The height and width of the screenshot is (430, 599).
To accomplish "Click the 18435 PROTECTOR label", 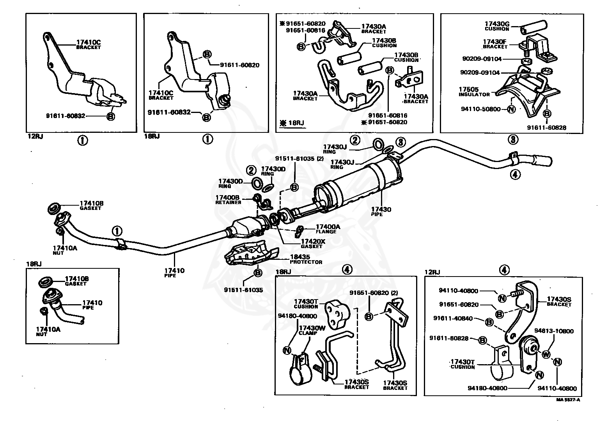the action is (x=306, y=259).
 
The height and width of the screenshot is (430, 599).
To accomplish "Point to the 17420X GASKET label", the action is (x=313, y=243).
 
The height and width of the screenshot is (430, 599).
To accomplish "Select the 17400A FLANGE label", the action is (x=328, y=229).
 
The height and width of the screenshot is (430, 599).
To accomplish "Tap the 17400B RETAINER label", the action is (x=228, y=200).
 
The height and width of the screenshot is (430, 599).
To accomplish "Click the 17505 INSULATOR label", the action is (x=474, y=92).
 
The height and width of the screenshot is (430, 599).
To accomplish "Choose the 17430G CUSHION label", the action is (x=497, y=26).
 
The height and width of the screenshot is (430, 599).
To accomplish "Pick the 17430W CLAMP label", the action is (x=312, y=330).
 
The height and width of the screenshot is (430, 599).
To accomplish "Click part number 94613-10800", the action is (x=554, y=331).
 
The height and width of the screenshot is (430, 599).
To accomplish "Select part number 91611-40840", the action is (x=453, y=318).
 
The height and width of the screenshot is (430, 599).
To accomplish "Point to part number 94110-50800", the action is (x=480, y=109).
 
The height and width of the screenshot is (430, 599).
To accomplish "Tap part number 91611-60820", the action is (x=239, y=65).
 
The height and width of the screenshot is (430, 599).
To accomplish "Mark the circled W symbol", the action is (x=546, y=355).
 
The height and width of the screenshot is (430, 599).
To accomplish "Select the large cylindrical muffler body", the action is (x=358, y=187).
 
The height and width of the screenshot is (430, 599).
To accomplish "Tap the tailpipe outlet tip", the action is (x=543, y=161).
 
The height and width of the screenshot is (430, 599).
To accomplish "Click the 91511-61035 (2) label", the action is (x=299, y=159).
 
